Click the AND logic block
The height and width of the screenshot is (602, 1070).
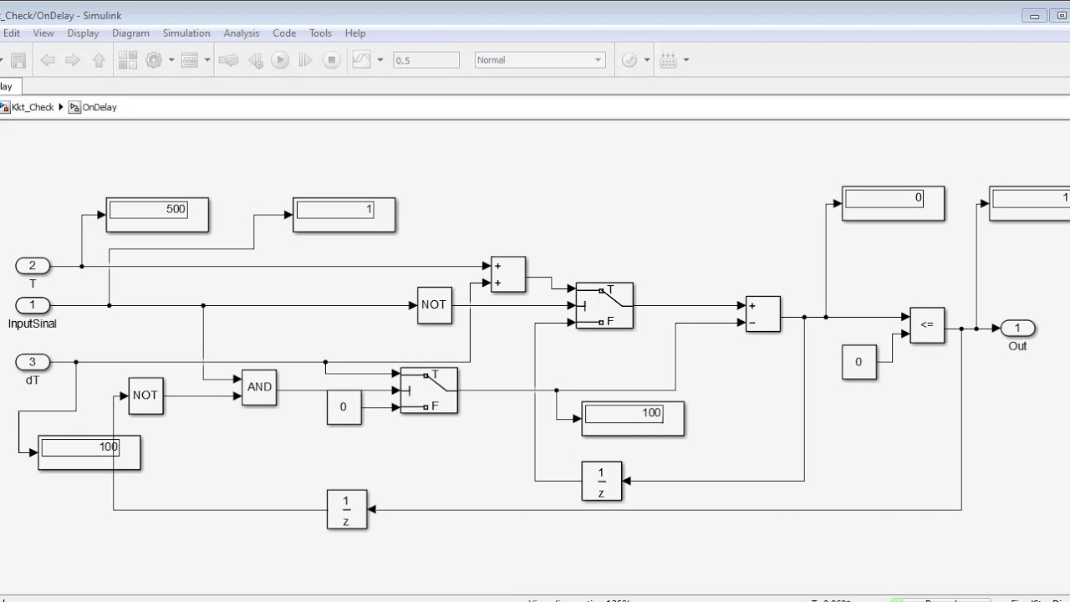[x=259, y=387]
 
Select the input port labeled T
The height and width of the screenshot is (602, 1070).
[x=33, y=266]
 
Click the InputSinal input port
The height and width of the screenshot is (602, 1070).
[x=33, y=305]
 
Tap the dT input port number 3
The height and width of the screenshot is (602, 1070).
[x=33, y=362]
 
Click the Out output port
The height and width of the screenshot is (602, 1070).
[x=1017, y=328]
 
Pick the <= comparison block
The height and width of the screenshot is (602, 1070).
[x=927, y=324]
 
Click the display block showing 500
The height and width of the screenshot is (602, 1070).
[x=157, y=215]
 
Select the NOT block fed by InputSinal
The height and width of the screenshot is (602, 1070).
[x=434, y=305]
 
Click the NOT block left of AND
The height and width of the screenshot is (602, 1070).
[x=145, y=395]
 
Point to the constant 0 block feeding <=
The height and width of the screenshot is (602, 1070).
[x=859, y=362]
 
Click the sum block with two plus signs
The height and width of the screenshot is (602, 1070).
[x=508, y=274]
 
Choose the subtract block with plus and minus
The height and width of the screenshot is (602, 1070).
[x=762, y=314]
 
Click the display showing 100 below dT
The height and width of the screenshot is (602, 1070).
[x=89, y=452]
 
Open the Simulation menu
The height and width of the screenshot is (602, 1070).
[x=186, y=33]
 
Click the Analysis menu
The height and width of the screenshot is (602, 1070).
[x=242, y=33]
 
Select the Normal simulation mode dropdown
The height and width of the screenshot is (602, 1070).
[x=539, y=60]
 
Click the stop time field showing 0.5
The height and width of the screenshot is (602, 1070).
[x=426, y=60]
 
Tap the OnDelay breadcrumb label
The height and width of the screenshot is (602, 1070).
[x=99, y=107]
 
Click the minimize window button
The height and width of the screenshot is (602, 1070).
[x=1035, y=16]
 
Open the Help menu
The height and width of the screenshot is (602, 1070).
[x=355, y=33]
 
